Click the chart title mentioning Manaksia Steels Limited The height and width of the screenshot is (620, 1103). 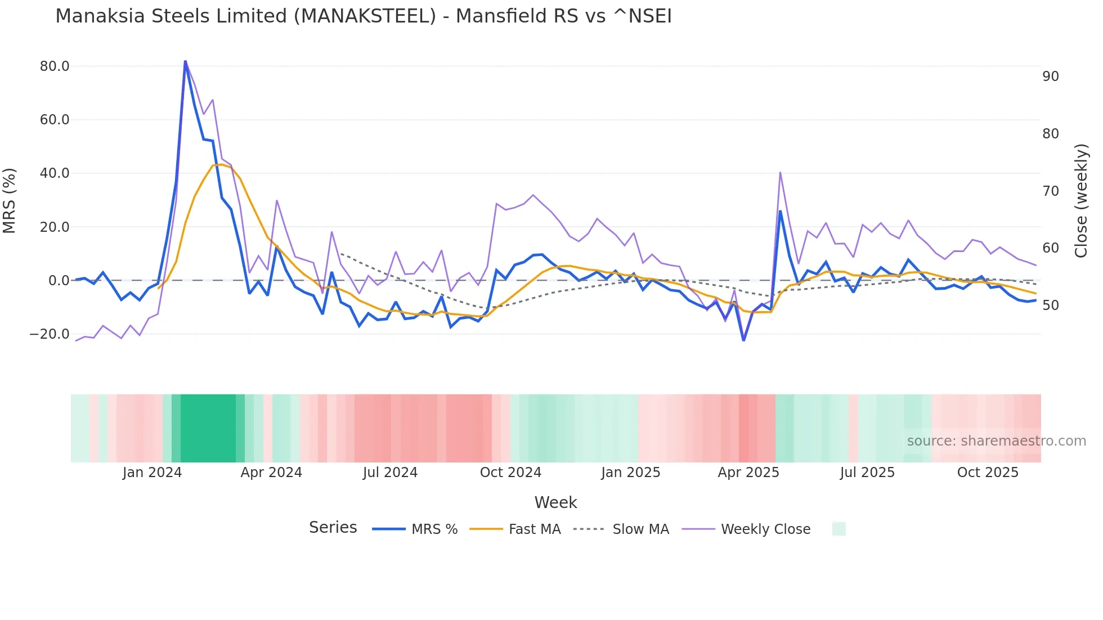(x=364, y=16)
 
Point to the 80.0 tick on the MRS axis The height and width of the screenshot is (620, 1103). (x=55, y=66)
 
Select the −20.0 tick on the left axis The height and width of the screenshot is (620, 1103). (x=50, y=334)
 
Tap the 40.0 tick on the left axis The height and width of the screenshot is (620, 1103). (x=55, y=173)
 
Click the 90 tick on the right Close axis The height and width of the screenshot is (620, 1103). (x=1050, y=77)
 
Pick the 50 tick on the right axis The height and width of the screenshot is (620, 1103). (x=1050, y=305)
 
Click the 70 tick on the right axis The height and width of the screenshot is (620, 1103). (x=1050, y=191)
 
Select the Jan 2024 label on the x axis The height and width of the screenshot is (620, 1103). (x=152, y=473)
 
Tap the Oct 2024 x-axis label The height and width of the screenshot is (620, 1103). (x=510, y=473)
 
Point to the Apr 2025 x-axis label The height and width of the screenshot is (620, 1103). (x=748, y=473)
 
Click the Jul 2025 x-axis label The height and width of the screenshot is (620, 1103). (x=867, y=473)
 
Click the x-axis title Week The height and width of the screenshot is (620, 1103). (x=555, y=502)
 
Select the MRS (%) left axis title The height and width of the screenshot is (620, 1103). (x=10, y=200)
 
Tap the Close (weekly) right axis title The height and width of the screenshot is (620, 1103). (x=1081, y=200)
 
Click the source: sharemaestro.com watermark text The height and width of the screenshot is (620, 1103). (x=996, y=441)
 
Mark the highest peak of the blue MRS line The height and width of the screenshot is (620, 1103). (x=185, y=61)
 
